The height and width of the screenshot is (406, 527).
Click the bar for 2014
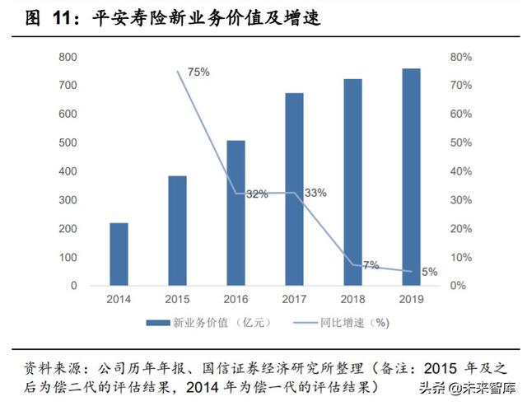[x=119, y=254]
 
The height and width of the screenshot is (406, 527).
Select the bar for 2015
[x=177, y=231]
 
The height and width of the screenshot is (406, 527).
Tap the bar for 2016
[x=236, y=212]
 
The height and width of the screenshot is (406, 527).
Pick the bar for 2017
[x=294, y=189]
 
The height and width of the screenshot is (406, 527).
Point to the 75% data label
[x=198, y=72]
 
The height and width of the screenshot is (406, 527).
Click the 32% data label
[x=257, y=194]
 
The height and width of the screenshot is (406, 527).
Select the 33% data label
[x=315, y=193]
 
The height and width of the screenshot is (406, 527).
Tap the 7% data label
[x=371, y=264]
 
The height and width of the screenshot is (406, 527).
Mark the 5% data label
[x=430, y=272]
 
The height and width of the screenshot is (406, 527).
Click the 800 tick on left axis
[x=68, y=57]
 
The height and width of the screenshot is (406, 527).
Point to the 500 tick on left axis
[x=68, y=142]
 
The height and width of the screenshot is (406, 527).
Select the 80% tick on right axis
[x=460, y=57]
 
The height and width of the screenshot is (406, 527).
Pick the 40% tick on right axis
[x=460, y=171]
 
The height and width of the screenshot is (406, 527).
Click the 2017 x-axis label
[x=294, y=300]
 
